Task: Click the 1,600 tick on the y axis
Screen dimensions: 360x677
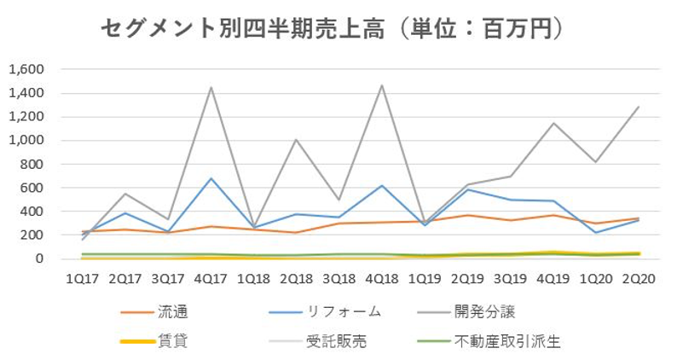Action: (x=26, y=69)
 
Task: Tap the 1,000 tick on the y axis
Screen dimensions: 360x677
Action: (x=26, y=140)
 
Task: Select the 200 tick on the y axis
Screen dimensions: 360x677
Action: (x=32, y=235)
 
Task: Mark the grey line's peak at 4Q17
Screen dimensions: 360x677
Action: (x=210, y=87)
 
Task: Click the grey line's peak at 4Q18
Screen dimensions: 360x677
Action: (x=381, y=84)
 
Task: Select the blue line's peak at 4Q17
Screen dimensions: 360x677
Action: (x=210, y=178)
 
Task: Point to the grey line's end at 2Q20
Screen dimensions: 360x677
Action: (x=639, y=107)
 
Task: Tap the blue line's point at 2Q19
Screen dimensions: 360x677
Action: (x=467, y=189)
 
